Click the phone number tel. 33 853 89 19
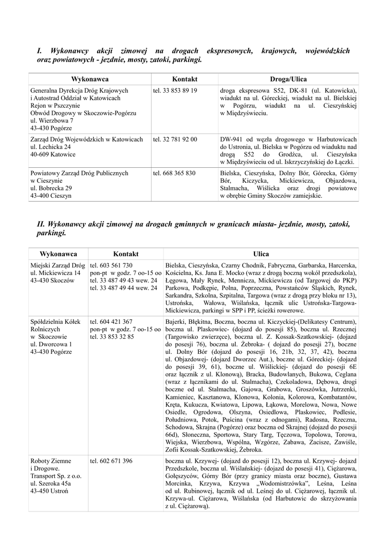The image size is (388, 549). pos(175,91)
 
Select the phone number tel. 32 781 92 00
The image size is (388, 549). pos(175,139)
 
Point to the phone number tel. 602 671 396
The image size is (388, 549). pos(111,461)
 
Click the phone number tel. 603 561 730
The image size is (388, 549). pos(111,265)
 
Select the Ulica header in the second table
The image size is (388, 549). pos(261,254)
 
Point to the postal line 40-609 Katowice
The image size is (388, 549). pos(53,154)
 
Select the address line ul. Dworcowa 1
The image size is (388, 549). pos(51,344)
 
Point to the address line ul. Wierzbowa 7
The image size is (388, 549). pos(52,121)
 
